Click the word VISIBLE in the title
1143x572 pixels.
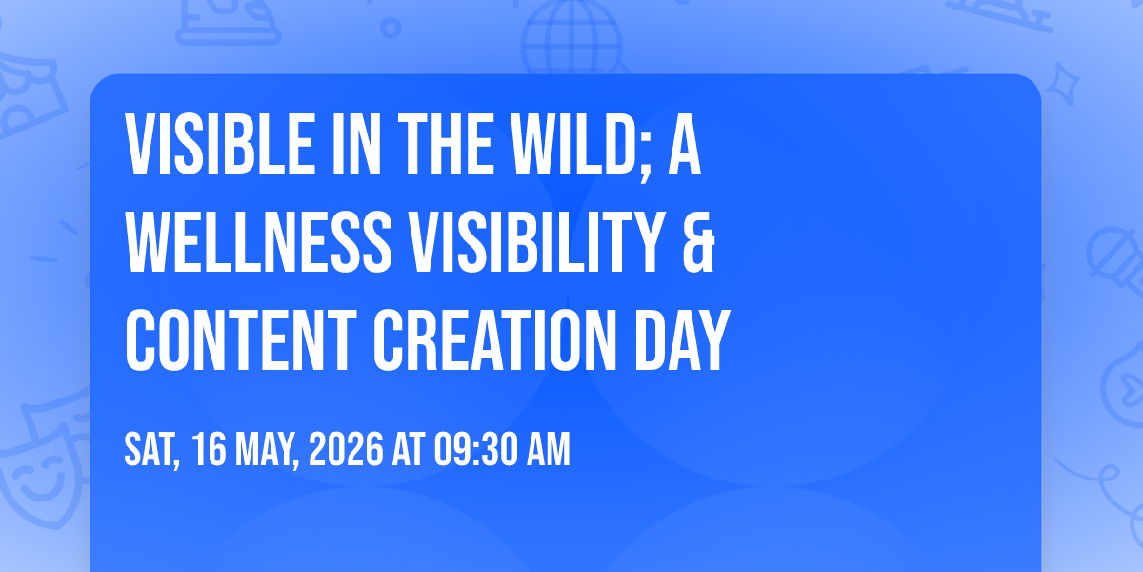pyautogui.click(x=220, y=144)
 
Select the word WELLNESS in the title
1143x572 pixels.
pyautogui.click(x=259, y=242)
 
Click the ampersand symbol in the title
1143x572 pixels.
pyautogui.click(x=698, y=242)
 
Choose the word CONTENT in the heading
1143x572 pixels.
pyautogui.click(x=240, y=340)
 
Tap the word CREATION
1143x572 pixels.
pyautogui.click(x=495, y=340)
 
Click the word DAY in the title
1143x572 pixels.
pyautogui.click(x=682, y=340)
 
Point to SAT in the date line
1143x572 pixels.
pyautogui.click(x=151, y=449)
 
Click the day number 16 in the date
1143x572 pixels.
pyautogui.click(x=210, y=449)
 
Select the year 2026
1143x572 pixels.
pyautogui.click(x=346, y=449)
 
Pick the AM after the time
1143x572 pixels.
pyautogui.click(x=549, y=449)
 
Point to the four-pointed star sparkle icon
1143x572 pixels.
pyautogui.click(x=1063, y=83)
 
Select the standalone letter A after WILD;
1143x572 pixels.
pyautogui.click(x=684, y=144)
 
